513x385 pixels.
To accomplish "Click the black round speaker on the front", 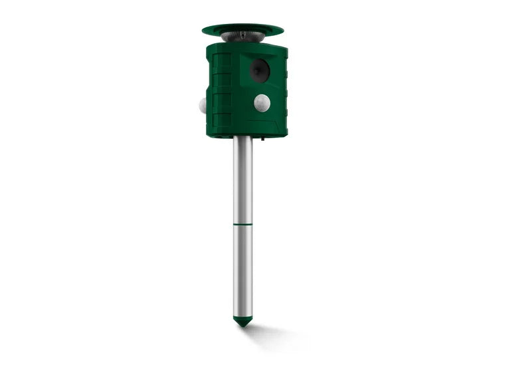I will point(259,70).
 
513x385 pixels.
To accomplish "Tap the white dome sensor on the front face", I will point(262,102).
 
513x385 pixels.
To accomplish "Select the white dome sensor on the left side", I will point(203,105).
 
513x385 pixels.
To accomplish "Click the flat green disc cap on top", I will point(243,29).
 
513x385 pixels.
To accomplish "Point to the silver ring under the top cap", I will point(243,37).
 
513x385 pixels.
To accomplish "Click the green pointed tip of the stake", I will point(243,321).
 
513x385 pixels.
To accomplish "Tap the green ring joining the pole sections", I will point(243,225).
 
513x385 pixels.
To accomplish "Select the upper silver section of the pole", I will point(243,180).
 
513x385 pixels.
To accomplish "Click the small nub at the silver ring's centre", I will point(243,33).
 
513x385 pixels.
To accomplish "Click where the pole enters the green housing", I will point(243,138).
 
